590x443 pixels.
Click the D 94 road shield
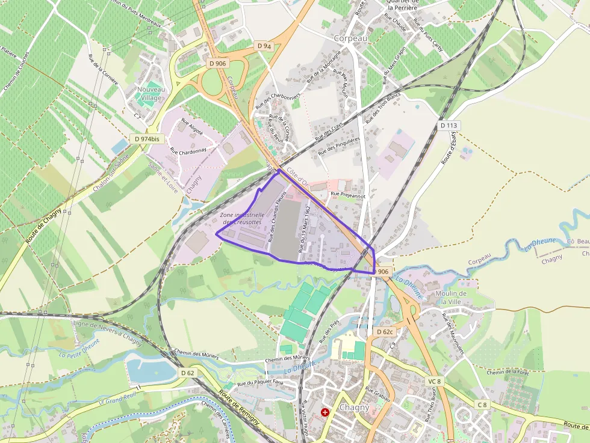[x=264, y=46]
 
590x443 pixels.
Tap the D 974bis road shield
[x=147, y=139]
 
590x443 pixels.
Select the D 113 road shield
[x=449, y=126]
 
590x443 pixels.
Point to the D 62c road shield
[x=384, y=332]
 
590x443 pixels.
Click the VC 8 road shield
[x=435, y=381]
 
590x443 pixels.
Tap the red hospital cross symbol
[x=325, y=412]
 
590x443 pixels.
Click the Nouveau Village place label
[x=150, y=94]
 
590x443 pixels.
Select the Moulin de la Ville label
[x=447, y=297]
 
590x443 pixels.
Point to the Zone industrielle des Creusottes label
[x=241, y=219]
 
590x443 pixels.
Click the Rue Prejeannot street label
[x=348, y=195]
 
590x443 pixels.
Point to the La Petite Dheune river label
[x=79, y=348]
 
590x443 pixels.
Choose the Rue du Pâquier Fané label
[x=260, y=382]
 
